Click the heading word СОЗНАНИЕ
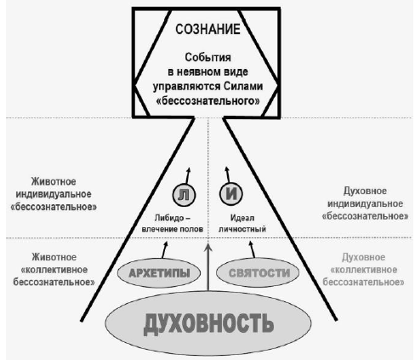click(207, 29)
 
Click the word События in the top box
click(207, 57)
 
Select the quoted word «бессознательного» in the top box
click(207, 100)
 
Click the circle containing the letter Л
click(184, 195)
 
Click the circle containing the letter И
click(231, 194)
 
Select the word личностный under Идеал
click(242, 229)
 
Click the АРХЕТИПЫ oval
click(159, 273)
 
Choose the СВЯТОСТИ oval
click(258, 273)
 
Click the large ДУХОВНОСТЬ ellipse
click(208, 323)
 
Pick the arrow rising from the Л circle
click(188, 176)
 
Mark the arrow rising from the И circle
click(227, 174)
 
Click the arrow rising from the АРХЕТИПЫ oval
click(165, 249)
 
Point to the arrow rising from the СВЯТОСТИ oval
click(252, 249)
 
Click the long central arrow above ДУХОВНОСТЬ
click(208, 267)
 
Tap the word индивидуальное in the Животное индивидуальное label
click(54, 194)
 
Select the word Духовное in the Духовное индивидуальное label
click(365, 191)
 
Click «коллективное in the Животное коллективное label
click(54, 270)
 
